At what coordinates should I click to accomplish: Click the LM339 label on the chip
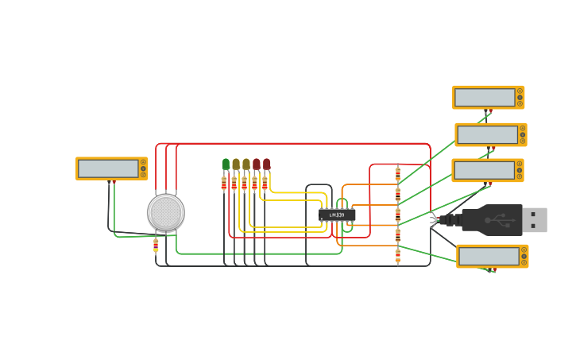(337, 215)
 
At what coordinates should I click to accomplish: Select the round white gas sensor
(166, 212)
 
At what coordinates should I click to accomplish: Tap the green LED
(226, 165)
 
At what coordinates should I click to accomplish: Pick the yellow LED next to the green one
(236, 165)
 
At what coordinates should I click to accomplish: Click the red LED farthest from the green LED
(267, 165)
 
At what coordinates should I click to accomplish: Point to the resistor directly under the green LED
(224, 184)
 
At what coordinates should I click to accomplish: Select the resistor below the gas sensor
(156, 245)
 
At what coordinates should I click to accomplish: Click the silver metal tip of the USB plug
(535, 220)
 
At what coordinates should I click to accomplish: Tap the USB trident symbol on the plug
(502, 221)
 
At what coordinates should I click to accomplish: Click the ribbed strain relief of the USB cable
(452, 220)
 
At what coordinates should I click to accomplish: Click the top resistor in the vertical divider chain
(398, 173)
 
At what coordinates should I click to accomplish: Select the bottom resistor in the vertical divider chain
(398, 255)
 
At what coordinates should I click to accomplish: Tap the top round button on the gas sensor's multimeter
(143, 162)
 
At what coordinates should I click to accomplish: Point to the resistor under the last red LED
(265, 184)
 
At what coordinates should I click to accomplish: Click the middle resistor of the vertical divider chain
(398, 215)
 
